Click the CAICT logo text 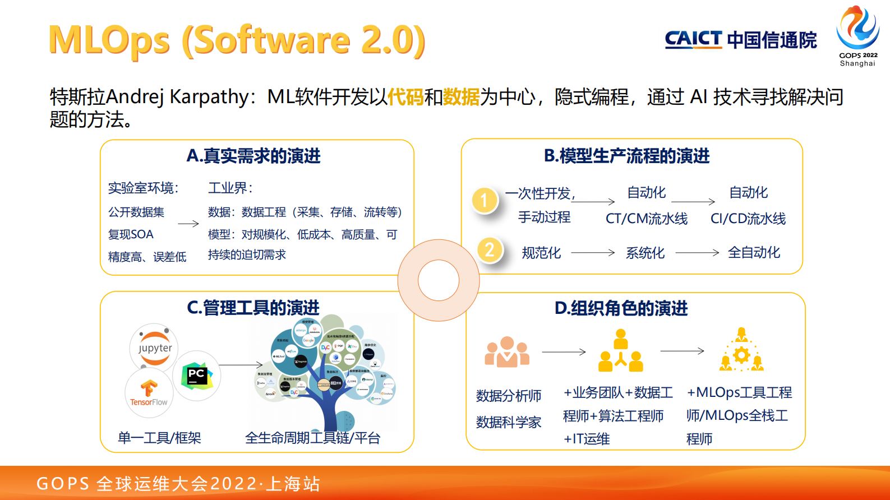click(x=693, y=39)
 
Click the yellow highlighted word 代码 click(x=405, y=97)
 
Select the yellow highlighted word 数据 click(x=461, y=97)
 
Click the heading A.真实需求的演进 click(x=253, y=156)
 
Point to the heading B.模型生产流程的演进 click(x=626, y=156)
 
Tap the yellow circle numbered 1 click(x=485, y=201)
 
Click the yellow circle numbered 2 click(x=490, y=249)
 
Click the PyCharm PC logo click(x=196, y=376)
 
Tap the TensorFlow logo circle click(x=149, y=392)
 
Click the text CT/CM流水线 click(x=646, y=219)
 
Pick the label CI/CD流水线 click(x=748, y=219)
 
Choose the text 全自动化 click(x=754, y=252)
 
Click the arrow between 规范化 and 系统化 click(x=593, y=253)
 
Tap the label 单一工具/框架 click(x=159, y=438)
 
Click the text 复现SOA click(x=131, y=234)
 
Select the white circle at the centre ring click(x=439, y=280)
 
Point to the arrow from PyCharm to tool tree click(x=241, y=365)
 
